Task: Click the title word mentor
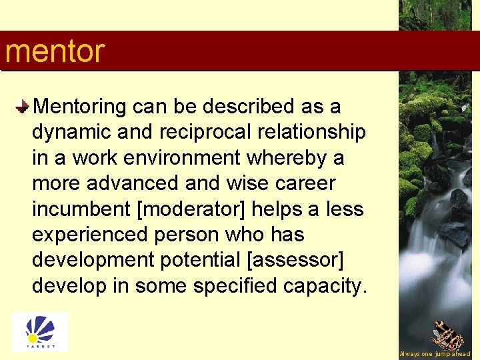coord(55,51)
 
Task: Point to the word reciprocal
coord(173,132)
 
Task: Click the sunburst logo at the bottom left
coord(39,331)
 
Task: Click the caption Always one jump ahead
coord(435,354)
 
